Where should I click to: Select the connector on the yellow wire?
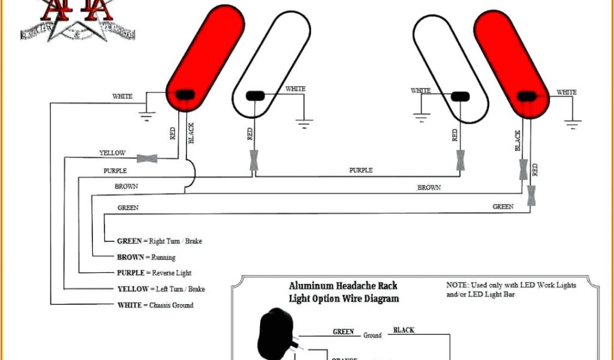pyautogui.click(x=147, y=158)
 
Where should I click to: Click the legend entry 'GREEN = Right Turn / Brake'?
pyautogui.click(x=159, y=241)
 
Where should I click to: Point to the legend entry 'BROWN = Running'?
pyautogui.click(x=146, y=257)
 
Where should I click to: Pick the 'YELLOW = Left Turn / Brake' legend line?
pyautogui.click(x=161, y=289)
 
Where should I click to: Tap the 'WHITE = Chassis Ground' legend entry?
pyautogui.click(x=155, y=305)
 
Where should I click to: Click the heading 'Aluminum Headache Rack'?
pyautogui.click(x=343, y=286)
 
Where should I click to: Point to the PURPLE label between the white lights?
pyautogui.click(x=361, y=170)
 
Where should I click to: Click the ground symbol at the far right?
pyautogui.click(x=573, y=123)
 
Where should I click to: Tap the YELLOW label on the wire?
pyautogui.click(x=112, y=154)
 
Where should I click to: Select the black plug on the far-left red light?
pyautogui.click(x=183, y=94)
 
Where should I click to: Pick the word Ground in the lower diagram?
pyautogui.click(x=372, y=335)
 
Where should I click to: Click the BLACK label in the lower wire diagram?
pyautogui.click(x=404, y=330)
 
